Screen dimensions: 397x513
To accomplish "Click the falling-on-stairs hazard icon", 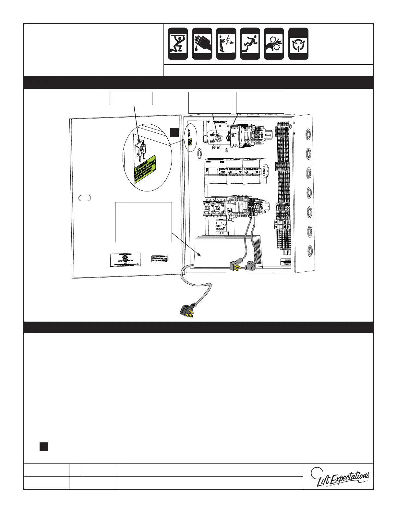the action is pyautogui.click(x=250, y=44).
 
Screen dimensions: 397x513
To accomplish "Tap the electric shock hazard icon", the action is pyautogui.click(x=226, y=44).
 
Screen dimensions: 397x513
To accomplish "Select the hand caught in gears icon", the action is pyautogui.click(x=274, y=44).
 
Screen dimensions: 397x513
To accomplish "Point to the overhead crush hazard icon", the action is pyautogui.click(x=178, y=44).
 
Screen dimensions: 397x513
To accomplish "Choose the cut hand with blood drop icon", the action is pyautogui.click(x=202, y=44).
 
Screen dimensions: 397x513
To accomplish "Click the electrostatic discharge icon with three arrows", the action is pyautogui.click(x=298, y=44).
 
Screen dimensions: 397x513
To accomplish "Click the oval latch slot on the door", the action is pyautogui.click(x=85, y=198).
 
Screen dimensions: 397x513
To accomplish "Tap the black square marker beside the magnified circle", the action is pyautogui.click(x=174, y=132).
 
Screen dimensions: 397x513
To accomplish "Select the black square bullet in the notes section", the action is pyautogui.click(x=44, y=446).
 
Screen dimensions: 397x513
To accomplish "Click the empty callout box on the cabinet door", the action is pyautogui.click(x=143, y=222).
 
